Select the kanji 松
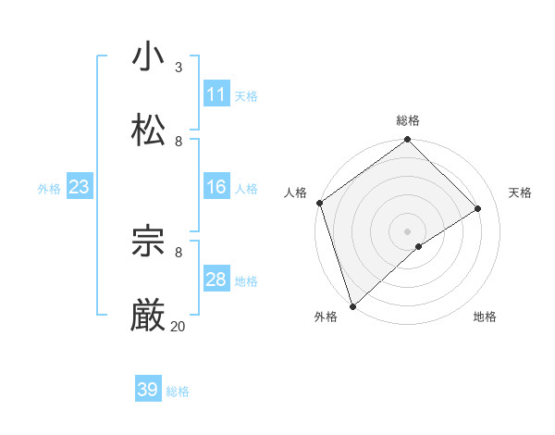[x=148, y=130]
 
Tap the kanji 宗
[x=148, y=242]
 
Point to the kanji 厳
[x=148, y=316]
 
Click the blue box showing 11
[x=216, y=94]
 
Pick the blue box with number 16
[x=216, y=187]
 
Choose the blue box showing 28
[x=216, y=280]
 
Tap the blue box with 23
[x=80, y=187]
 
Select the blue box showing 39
[x=148, y=390]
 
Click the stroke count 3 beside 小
[x=179, y=67]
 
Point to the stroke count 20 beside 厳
[x=178, y=326]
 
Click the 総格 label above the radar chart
[x=408, y=120]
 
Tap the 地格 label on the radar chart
[x=485, y=317]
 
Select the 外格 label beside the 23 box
[x=49, y=189]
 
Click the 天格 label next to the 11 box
[x=246, y=96]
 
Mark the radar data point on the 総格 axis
[x=408, y=140]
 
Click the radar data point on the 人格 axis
[x=319, y=203]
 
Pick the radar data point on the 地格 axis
[x=419, y=246]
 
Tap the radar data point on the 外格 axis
[x=352, y=305]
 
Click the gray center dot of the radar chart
[x=408, y=230]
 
